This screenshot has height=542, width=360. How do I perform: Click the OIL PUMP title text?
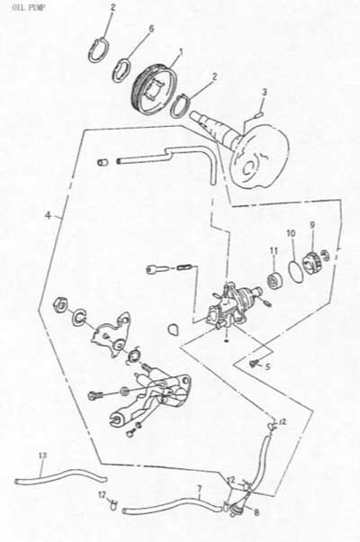tap(28, 7)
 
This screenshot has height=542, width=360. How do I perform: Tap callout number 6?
tap(151, 29)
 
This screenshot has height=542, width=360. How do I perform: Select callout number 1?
tap(180, 52)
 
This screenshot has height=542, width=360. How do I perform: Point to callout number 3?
tap(265, 93)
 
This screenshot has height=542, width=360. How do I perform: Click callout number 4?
tap(48, 216)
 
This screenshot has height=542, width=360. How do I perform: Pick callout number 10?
tap(291, 233)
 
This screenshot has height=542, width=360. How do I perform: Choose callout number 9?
tap(312, 225)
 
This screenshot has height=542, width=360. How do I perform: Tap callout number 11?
tap(274, 250)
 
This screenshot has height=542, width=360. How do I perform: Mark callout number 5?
tap(268, 366)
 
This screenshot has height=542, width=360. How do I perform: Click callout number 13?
tap(42, 456)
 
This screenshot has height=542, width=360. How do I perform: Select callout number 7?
tap(199, 488)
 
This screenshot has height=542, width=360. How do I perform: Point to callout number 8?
tap(256, 512)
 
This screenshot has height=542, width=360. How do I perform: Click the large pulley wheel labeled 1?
tap(157, 90)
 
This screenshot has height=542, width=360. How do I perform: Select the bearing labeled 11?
tap(275, 280)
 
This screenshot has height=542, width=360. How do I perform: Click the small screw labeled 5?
tap(254, 363)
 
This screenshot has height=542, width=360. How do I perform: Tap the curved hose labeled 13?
tap(62, 475)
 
